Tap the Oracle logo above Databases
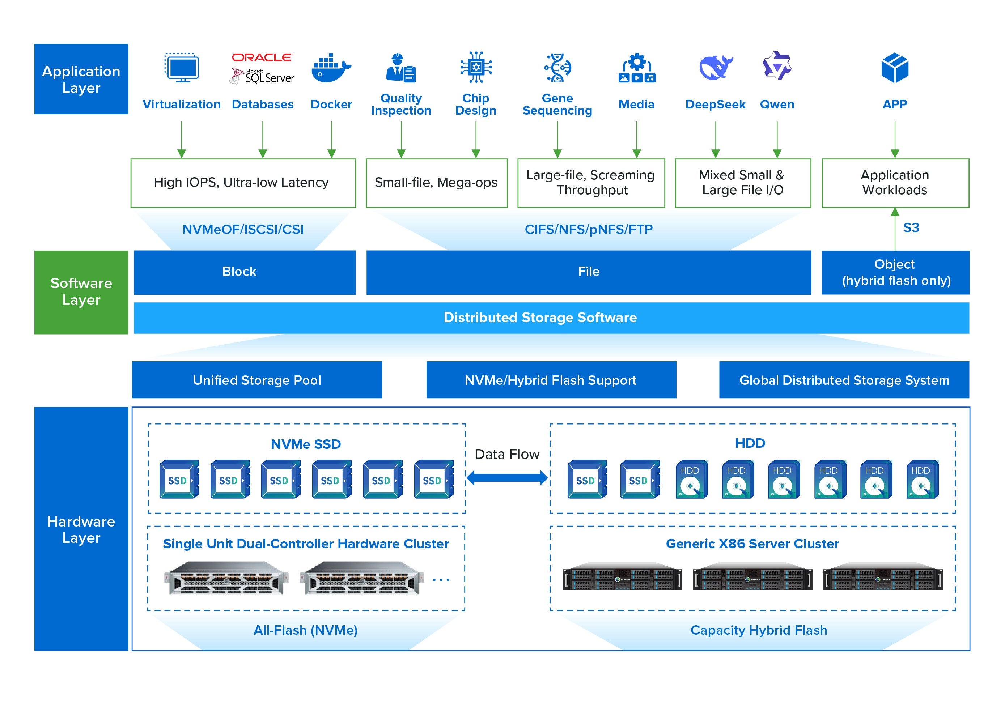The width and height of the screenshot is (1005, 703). coord(262,57)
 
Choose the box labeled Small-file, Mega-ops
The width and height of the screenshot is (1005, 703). coord(436,183)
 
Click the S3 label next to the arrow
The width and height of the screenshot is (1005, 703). coord(911,227)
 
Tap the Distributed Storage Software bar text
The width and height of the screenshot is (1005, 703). coord(540,317)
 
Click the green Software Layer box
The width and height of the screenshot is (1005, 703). coord(81,292)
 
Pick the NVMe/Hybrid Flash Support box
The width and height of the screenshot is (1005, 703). coord(551,380)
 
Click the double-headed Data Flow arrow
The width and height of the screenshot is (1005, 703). coord(506,477)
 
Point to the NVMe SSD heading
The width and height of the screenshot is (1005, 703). coord(306,444)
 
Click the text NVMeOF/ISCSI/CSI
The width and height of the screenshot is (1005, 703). coord(243,229)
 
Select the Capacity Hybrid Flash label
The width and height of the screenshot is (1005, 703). coord(758,630)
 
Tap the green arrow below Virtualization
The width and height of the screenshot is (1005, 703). coord(181,140)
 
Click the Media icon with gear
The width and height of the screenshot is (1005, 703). coord(636,68)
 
